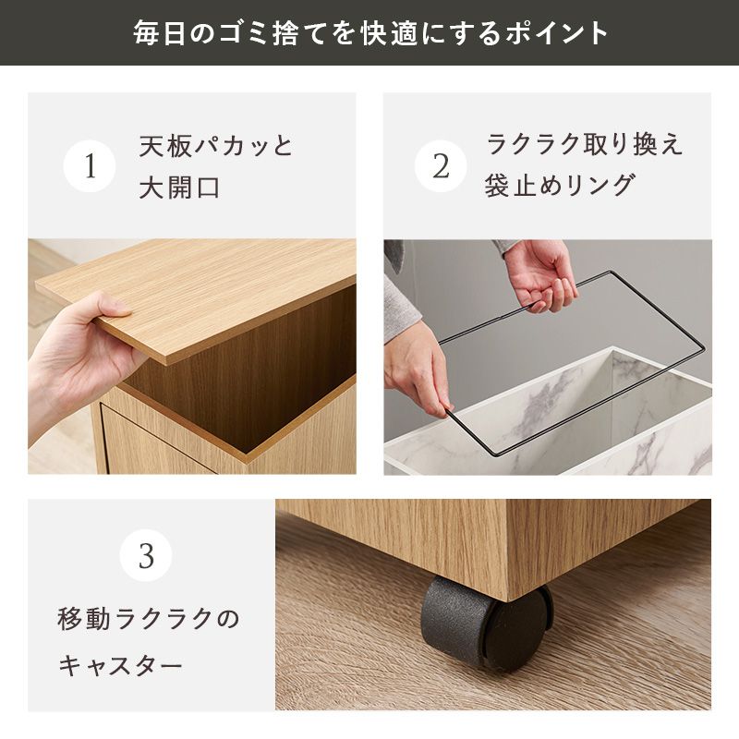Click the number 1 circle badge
tap(90, 166)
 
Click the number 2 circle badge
tap(441, 166)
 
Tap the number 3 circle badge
tap(146, 555)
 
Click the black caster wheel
tap(486, 621)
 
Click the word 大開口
tap(179, 188)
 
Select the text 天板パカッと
tap(216, 146)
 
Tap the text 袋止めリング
tap(560, 185)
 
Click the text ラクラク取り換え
tap(585, 144)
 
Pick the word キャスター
tap(121, 665)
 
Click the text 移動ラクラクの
tap(149, 619)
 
